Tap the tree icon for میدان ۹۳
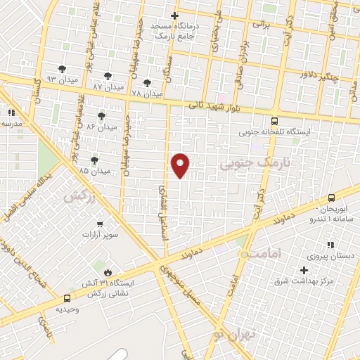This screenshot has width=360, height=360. [x=64, y=69]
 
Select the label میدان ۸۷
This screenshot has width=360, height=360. [x=108, y=86]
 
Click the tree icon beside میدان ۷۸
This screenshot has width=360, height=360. [x=147, y=83]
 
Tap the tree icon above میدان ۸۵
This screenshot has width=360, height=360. [x=95, y=161]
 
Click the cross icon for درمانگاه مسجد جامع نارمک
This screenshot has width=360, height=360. [x=175, y=15]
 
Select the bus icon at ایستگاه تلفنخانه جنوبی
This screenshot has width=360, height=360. [x=274, y=120]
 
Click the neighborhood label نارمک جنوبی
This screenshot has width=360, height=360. [x=246, y=165]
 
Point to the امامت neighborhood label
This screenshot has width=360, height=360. [x=265, y=252]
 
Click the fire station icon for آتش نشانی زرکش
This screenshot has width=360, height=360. [x=107, y=271]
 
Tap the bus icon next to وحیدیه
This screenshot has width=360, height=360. [x=67, y=298]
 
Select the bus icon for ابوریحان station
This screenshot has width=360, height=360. [x=331, y=199]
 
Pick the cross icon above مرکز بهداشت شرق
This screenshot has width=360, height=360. [x=304, y=270]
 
